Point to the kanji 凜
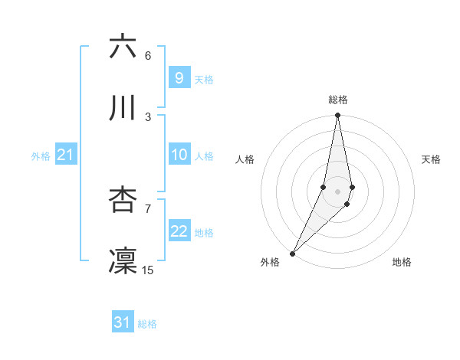tap(123, 260)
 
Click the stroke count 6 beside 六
tap(148, 56)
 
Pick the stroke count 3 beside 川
tap(148, 116)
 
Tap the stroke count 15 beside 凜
tap(148, 270)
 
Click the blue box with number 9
tap(179, 77)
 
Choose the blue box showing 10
tap(179, 155)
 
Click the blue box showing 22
tap(179, 231)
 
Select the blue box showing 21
tap(65, 155)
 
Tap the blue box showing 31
tap(123, 322)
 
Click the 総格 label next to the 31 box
tap(147, 324)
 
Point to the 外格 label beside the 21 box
tap(41, 156)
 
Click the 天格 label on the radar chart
tap(432, 159)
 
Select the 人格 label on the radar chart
tap(245, 159)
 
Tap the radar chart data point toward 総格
tap(337, 116)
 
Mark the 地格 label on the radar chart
tap(402, 263)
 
